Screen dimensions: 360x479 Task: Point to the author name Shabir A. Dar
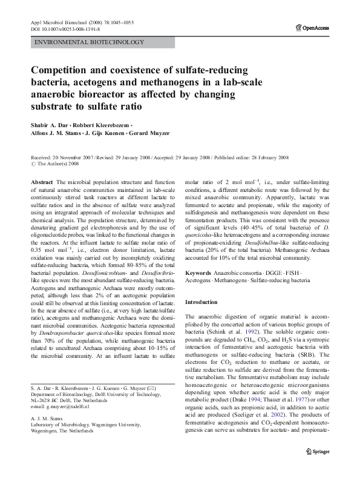tap(50, 125)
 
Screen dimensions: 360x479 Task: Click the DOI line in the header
tap(65, 28)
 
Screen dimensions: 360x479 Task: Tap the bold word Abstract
tap(42, 182)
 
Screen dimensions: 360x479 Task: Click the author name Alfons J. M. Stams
tap(57, 134)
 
